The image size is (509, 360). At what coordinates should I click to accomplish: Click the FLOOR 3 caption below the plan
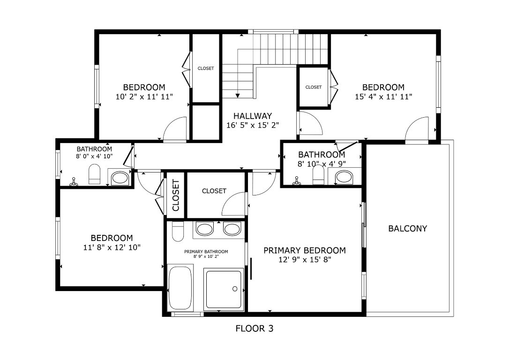(x=254, y=329)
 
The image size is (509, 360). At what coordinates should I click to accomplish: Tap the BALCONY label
(x=408, y=229)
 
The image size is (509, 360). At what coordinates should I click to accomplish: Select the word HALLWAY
(x=253, y=116)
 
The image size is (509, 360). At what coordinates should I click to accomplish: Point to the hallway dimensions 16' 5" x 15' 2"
(x=253, y=125)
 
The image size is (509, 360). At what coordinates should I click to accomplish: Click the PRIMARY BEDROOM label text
(x=304, y=250)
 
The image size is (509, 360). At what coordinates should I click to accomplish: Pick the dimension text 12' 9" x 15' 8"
(x=304, y=260)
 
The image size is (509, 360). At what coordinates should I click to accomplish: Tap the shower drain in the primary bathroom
(x=235, y=289)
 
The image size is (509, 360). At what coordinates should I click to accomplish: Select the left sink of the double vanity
(x=204, y=229)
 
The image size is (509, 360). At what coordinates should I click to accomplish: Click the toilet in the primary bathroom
(x=178, y=231)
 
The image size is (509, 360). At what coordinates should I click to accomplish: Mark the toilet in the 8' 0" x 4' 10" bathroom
(x=95, y=175)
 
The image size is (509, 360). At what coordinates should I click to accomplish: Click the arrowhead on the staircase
(x=238, y=96)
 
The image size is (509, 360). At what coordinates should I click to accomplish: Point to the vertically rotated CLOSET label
(x=176, y=195)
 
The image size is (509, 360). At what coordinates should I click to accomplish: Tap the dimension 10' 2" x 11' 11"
(x=144, y=97)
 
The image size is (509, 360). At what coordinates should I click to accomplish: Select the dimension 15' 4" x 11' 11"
(x=383, y=97)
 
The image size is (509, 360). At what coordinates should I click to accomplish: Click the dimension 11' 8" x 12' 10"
(x=112, y=247)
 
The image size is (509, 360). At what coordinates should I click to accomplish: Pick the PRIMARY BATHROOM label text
(x=206, y=252)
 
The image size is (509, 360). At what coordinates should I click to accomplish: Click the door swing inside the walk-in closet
(x=235, y=204)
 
